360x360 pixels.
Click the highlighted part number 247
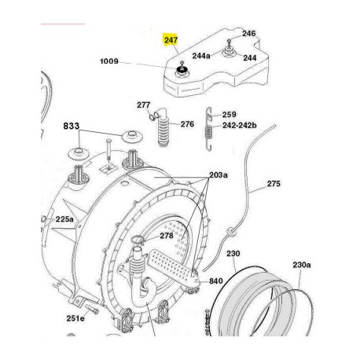click(171, 40)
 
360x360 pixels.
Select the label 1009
click(109, 61)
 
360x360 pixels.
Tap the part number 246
click(248, 34)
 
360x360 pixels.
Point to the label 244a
click(201, 56)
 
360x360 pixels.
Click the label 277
click(144, 105)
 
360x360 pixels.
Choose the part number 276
click(187, 124)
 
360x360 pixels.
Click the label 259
click(230, 115)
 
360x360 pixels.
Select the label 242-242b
click(240, 125)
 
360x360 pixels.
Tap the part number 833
click(72, 126)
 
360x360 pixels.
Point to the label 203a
click(219, 174)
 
